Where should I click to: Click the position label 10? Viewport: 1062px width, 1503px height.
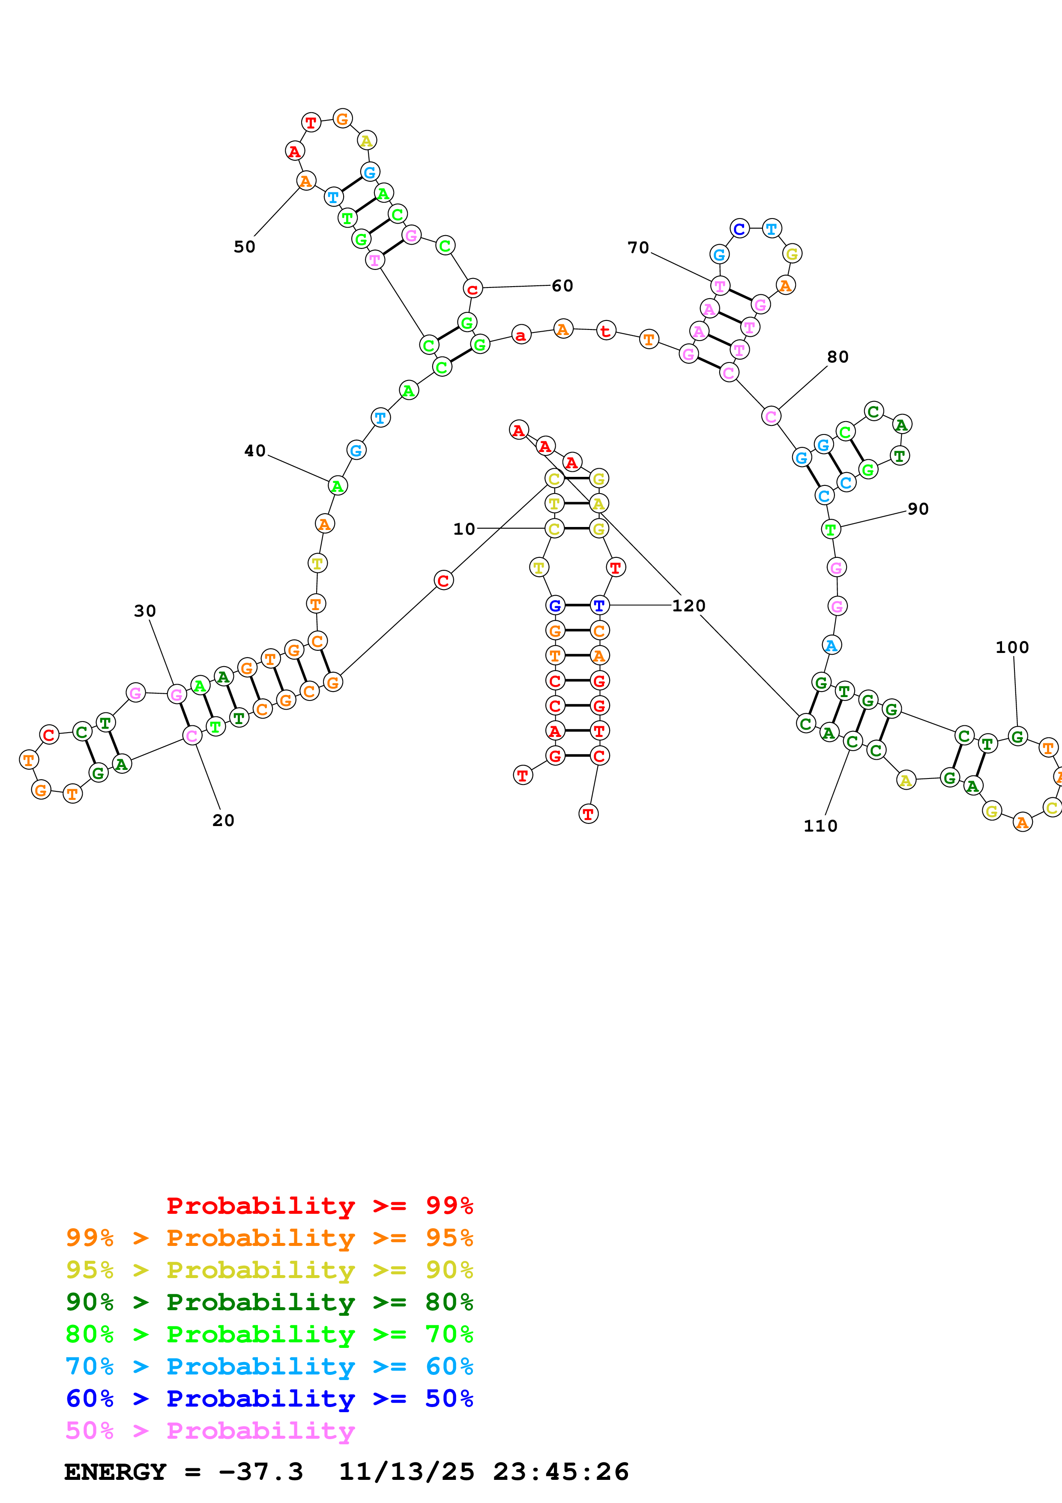point(464,529)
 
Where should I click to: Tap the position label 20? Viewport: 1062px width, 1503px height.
point(223,820)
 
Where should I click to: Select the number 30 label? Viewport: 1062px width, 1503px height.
point(145,611)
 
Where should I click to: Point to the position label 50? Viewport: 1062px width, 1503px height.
point(245,247)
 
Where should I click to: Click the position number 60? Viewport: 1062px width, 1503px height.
point(562,285)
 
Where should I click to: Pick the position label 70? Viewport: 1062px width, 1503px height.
point(638,248)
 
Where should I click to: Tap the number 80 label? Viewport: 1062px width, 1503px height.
point(838,357)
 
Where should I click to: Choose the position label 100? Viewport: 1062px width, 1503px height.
point(1011,647)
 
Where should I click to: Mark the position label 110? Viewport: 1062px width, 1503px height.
point(820,826)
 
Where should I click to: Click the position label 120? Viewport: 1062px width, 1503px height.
point(688,605)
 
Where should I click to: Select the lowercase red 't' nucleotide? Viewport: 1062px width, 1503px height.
point(606,331)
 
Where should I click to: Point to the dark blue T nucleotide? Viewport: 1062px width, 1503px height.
point(599,605)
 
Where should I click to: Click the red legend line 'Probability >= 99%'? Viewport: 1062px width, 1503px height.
point(319,1205)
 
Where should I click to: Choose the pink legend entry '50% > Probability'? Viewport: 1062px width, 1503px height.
point(210,1430)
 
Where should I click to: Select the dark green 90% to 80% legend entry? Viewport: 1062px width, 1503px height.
point(269,1302)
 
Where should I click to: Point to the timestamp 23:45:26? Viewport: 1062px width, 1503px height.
point(561,1472)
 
